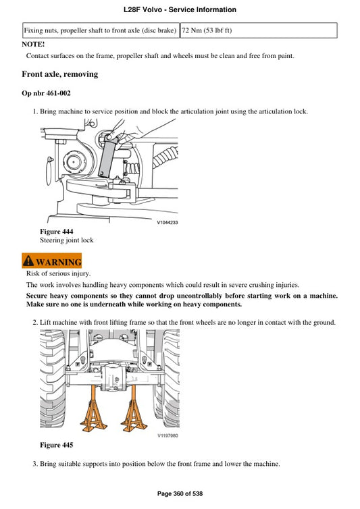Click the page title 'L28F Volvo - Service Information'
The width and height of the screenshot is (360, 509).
coord(180,10)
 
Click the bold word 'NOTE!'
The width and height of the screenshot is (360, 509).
coord(34,44)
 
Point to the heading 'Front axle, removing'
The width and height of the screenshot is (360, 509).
coord(60,74)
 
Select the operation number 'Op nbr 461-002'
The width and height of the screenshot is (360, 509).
coord(47,93)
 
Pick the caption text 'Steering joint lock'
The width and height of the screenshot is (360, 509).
coord(67,240)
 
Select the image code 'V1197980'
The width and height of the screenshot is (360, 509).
coord(168,435)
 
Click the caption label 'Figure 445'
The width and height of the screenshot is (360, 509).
coord(57,446)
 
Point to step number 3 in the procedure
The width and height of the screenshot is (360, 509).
coord(34,465)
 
